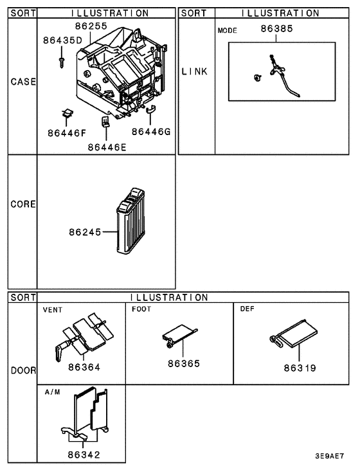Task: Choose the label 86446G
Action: click(x=151, y=132)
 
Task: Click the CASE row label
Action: click(x=22, y=82)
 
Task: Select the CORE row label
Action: click(x=22, y=204)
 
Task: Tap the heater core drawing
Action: click(x=132, y=220)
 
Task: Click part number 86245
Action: click(x=85, y=231)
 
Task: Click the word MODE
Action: click(x=228, y=30)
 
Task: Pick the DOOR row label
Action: click(x=22, y=371)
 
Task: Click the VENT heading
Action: click(x=52, y=309)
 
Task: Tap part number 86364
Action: click(x=83, y=367)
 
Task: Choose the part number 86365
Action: click(x=184, y=363)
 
